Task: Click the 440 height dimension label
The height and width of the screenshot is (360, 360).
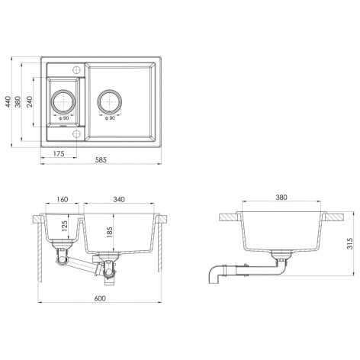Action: coord(8,101)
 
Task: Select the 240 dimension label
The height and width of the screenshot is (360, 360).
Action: coord(30,101)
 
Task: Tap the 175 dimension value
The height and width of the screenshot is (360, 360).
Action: coord(59,153)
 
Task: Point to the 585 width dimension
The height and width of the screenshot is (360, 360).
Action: coord(101,160)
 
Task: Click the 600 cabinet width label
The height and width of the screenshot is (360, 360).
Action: coord(100,298)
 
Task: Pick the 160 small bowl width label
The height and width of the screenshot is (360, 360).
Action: coord(63,199)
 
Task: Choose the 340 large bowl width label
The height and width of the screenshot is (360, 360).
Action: coord(119,199)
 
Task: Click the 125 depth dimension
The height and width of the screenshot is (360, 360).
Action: coord(64,227)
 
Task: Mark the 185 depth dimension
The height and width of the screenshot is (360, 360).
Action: coord(109,233)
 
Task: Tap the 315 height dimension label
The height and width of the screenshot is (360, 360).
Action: coord(350,243)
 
